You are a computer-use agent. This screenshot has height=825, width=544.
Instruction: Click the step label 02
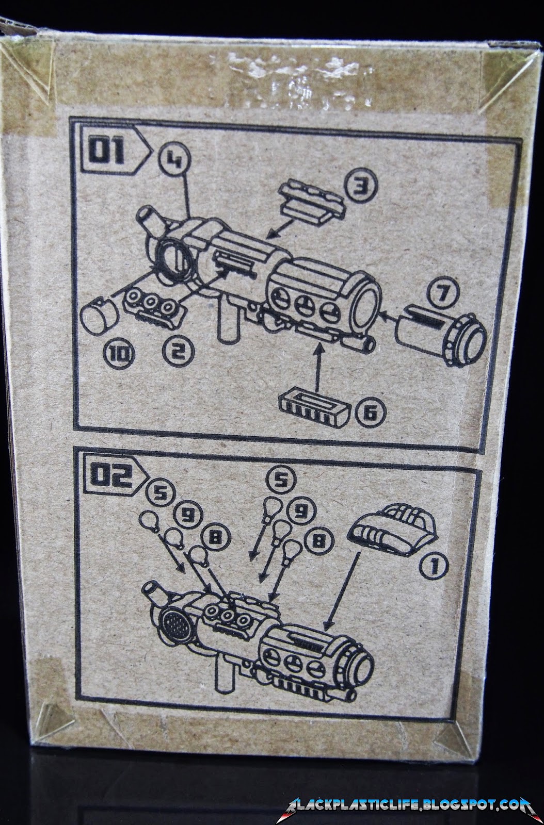tap(110, 477)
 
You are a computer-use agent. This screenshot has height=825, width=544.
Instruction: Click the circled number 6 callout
tap(370, 413)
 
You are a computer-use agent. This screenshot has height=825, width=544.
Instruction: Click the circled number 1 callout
tap(434, 567)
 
